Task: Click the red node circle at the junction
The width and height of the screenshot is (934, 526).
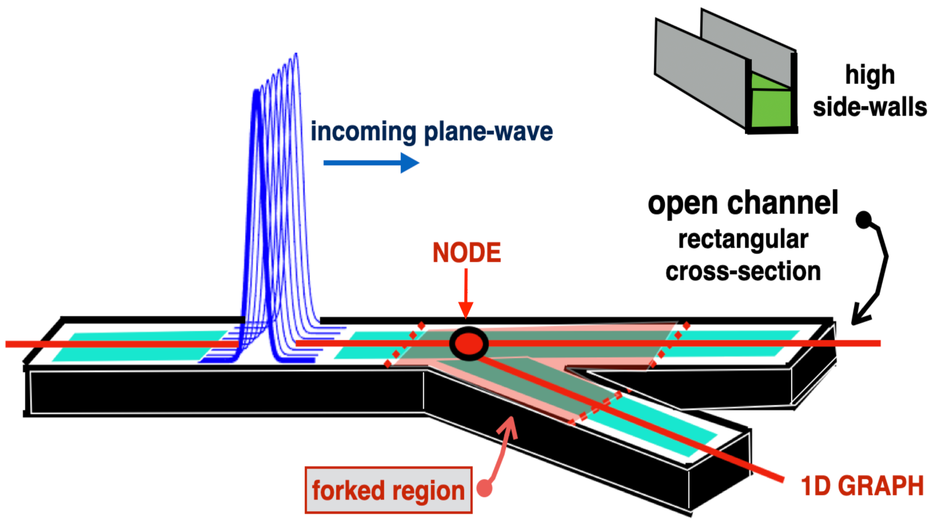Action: point(469,343)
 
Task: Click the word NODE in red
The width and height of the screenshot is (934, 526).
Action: point(466,253)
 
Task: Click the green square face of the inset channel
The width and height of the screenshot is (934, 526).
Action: point(771,108)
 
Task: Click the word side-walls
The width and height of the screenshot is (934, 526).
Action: point(870,108)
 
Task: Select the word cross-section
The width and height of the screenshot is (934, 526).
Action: point(743,271)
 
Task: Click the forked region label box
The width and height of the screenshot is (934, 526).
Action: point(388,490)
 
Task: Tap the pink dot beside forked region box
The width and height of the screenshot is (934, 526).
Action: point(484,488)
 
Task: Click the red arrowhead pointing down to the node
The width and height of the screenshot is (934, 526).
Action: point(466,310)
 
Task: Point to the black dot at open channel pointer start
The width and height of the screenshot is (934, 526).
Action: point(864,220)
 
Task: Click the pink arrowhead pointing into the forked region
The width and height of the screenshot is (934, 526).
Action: point(509,426)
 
